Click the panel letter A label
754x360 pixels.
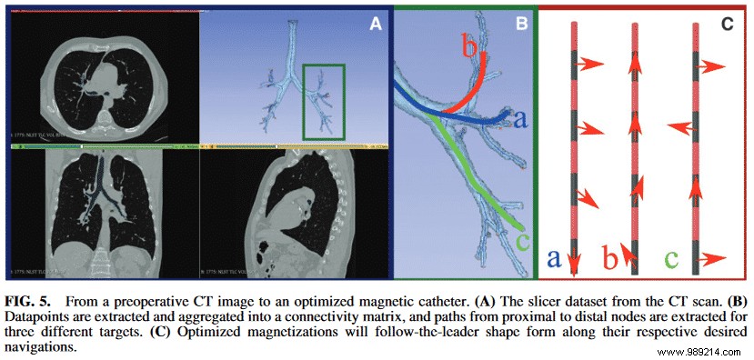[374, 25]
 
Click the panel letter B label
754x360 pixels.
[521, 25]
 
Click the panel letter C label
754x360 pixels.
[728, 25]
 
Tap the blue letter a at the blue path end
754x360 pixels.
[520, 118]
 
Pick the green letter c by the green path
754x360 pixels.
[521, 243]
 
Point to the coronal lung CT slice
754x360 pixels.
[105, 211]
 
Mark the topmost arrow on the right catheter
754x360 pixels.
[716, 66]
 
